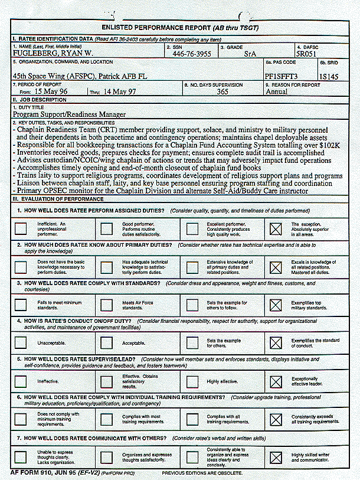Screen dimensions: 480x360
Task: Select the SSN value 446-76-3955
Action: click(192, 53)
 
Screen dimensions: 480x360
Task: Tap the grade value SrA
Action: click(250, 53)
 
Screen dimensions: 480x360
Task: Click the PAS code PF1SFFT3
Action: click(283, 76)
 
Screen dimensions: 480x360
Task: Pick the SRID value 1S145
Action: click(329, 76)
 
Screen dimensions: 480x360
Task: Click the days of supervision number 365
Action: click(222, 92)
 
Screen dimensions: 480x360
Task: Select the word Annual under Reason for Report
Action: click(277, 92)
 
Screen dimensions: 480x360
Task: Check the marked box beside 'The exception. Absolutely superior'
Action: click(276, 228)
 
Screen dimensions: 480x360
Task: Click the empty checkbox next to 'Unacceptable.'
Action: click(21, 342)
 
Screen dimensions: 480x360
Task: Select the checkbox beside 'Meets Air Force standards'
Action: click(106, 305)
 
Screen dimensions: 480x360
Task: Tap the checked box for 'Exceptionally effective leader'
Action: click(276, 381)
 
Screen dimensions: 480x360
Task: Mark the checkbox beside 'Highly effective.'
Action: click(192, 381)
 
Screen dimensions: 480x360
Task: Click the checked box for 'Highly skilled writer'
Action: click(276, 457)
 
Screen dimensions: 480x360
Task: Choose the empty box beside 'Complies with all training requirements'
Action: click(192, 419)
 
